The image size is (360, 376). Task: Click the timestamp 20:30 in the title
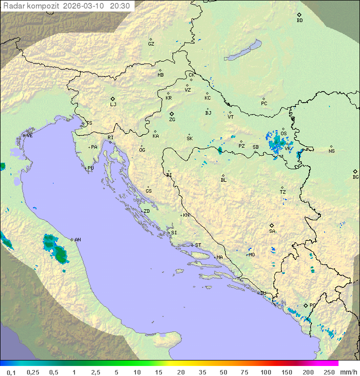pyautogui.click(x=120, y=6)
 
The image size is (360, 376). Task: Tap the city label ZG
pyautogui.click(x=172, y=120)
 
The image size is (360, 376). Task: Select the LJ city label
pyautogui.click(x=113, y=105)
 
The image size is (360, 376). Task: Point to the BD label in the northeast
pyautogui.click(x=299, y=21)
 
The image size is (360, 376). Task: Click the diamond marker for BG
pyautogui.click(x=355, y=171)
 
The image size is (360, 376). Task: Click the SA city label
pyautogui.click(x=272, y=231)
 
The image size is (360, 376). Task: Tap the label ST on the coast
pyautogui.click(x=198, y=245)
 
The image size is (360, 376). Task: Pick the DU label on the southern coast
pyautogui.click(x=263, y=293)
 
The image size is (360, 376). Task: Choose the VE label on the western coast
pyautogui.click(x=29, y=136)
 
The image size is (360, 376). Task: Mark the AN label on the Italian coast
pyautogui.click(x=77, y=240)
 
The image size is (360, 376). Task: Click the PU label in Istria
pyautogui.click(x=90, y=168)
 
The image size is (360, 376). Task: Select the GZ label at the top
pyautogui.click(x=151, y=44)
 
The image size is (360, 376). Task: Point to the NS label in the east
pyautogui.click(x=331, y=151)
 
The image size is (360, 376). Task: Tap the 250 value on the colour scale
pyautogui.click(x=328, y=372)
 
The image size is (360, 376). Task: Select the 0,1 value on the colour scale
pyautogui.click(x=11, y=372)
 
